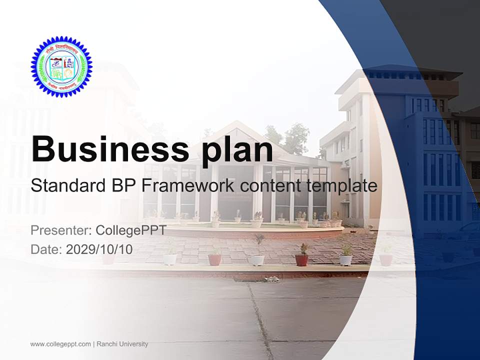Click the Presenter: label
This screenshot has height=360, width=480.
point(60,230)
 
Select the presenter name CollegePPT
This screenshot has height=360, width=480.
point(130,230)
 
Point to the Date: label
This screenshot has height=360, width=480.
point(46,248)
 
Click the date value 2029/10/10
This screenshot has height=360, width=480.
point(99,248)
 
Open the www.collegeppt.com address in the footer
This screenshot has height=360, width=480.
point(60,344)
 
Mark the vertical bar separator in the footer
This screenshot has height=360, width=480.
point(93,344)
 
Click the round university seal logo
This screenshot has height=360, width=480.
point(61,66)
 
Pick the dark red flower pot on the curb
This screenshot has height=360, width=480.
point(301,259)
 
